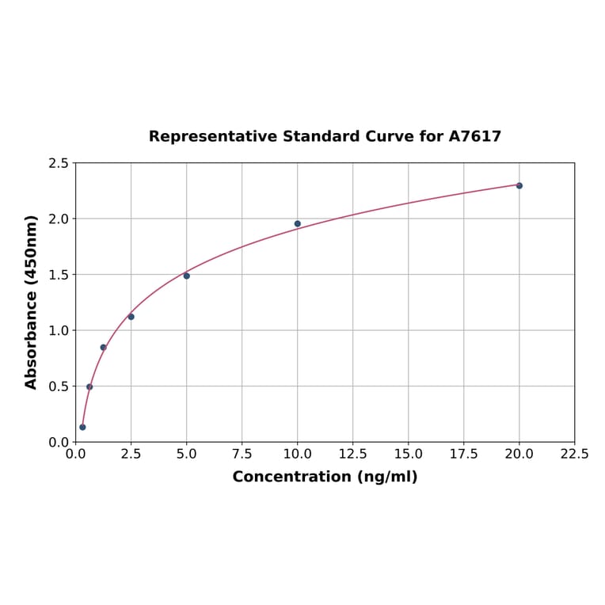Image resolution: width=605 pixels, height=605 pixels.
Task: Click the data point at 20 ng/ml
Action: [x=519, y=185]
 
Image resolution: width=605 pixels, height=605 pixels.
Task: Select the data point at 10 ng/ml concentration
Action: [x=298, y=223]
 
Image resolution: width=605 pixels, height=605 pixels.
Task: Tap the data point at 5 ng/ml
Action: [x=187, y=276]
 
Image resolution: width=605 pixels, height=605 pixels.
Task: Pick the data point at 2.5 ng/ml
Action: [x=131, y=317]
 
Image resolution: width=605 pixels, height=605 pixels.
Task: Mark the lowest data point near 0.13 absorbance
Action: [x=82, y=427]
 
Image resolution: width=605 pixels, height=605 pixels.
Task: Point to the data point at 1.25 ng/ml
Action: [x=103, y=348]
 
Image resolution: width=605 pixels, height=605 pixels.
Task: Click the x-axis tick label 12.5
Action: [x=352, y=455]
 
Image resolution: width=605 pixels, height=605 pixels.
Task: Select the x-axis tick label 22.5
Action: [x=574, y=455]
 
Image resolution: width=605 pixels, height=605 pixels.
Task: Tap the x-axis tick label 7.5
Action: [x=242, y=455]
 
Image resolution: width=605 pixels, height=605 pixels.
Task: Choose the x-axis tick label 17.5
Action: [x=463, y=455]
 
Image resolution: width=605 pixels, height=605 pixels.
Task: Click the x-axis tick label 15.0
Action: [x=408, y=455]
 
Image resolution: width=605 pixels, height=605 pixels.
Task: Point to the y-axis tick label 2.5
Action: [x=59, y=163]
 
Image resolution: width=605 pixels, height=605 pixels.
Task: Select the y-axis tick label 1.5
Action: [x=59, y=275]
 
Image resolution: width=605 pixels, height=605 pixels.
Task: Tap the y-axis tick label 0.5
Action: [x=59, y=386]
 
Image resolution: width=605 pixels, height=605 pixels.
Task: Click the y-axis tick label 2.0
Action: [x=59, y=219]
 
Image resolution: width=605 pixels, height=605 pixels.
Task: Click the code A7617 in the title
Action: [x=475, y=136]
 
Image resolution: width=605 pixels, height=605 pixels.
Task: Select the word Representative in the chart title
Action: [x=213, y=136]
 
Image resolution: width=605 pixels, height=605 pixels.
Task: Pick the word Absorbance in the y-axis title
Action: [x=32, y=330]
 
